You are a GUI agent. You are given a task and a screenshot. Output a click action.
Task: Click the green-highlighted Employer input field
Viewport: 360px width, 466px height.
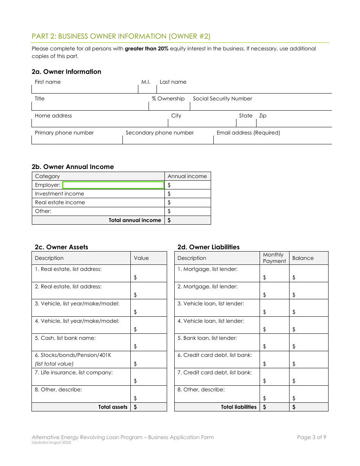[113, 185]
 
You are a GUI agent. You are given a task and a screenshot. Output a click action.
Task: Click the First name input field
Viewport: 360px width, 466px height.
[85, 89]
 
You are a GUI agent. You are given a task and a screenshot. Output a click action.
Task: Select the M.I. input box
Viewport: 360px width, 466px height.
[147, 89]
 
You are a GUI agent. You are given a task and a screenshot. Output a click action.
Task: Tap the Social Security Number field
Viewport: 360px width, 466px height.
[260, 106]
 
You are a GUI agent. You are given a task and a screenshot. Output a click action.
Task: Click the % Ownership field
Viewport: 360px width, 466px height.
[169, 106]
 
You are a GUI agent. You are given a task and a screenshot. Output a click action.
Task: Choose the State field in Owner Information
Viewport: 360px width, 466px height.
[246, 123]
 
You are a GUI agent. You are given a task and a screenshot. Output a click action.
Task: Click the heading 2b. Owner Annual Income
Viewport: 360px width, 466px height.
[72, 167]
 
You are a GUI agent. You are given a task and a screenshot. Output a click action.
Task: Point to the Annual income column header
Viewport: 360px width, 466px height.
[187, 176]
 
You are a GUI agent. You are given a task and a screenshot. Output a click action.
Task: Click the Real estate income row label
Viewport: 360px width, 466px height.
[60, 202]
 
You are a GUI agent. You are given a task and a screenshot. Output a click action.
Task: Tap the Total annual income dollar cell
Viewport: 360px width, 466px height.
[188, 220]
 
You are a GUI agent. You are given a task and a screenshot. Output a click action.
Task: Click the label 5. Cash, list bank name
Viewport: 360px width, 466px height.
[65, 338]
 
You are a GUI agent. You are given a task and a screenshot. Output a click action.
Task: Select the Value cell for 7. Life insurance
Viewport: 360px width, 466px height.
[149, 377]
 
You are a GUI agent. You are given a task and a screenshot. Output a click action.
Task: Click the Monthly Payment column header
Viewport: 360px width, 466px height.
[274, 258]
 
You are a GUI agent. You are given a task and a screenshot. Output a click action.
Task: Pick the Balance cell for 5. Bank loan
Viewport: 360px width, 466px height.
[308, 342]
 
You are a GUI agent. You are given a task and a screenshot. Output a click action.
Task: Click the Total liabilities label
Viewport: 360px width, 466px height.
[239, 407]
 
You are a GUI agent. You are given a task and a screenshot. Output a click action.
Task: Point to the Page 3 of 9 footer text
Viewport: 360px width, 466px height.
[311, 437]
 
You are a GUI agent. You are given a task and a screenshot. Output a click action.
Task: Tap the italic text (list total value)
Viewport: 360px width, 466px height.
[54, 364]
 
